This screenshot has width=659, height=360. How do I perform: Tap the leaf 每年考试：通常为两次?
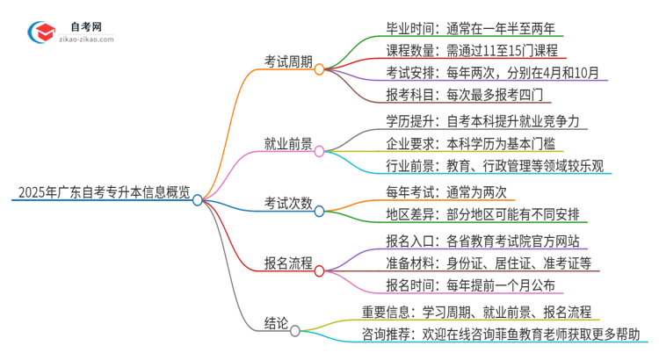point(446,191)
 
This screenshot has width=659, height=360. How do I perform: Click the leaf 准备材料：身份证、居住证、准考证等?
point(489,263)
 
